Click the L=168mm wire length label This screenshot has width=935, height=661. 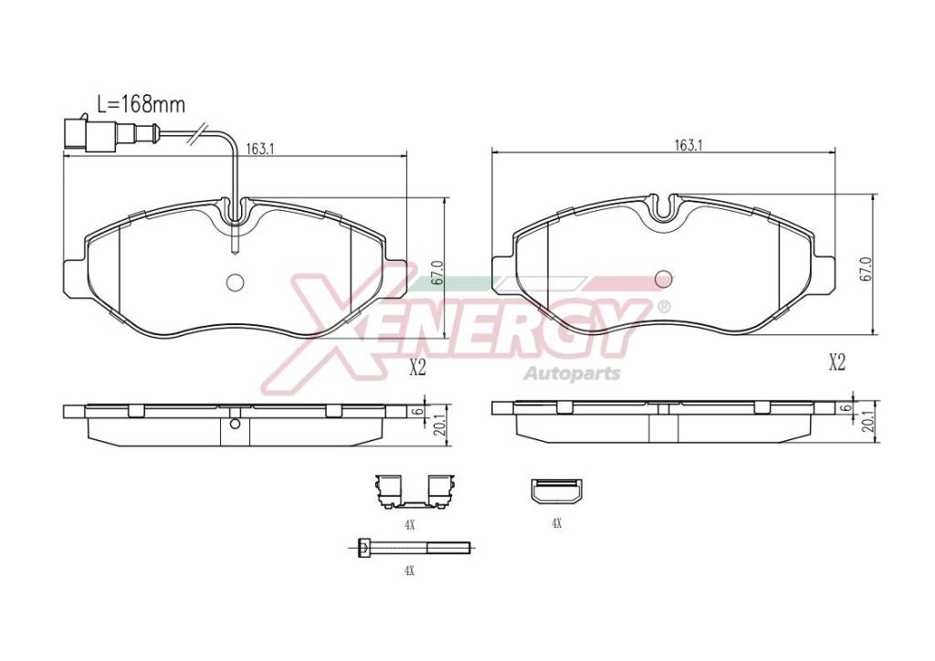click(142, 104)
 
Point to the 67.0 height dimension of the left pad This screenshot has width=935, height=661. click(438, 272)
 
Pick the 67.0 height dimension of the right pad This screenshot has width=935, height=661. click(867, 269)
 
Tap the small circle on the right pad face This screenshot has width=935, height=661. click(664, 278)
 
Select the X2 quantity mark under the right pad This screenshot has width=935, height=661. click(837, 362)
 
